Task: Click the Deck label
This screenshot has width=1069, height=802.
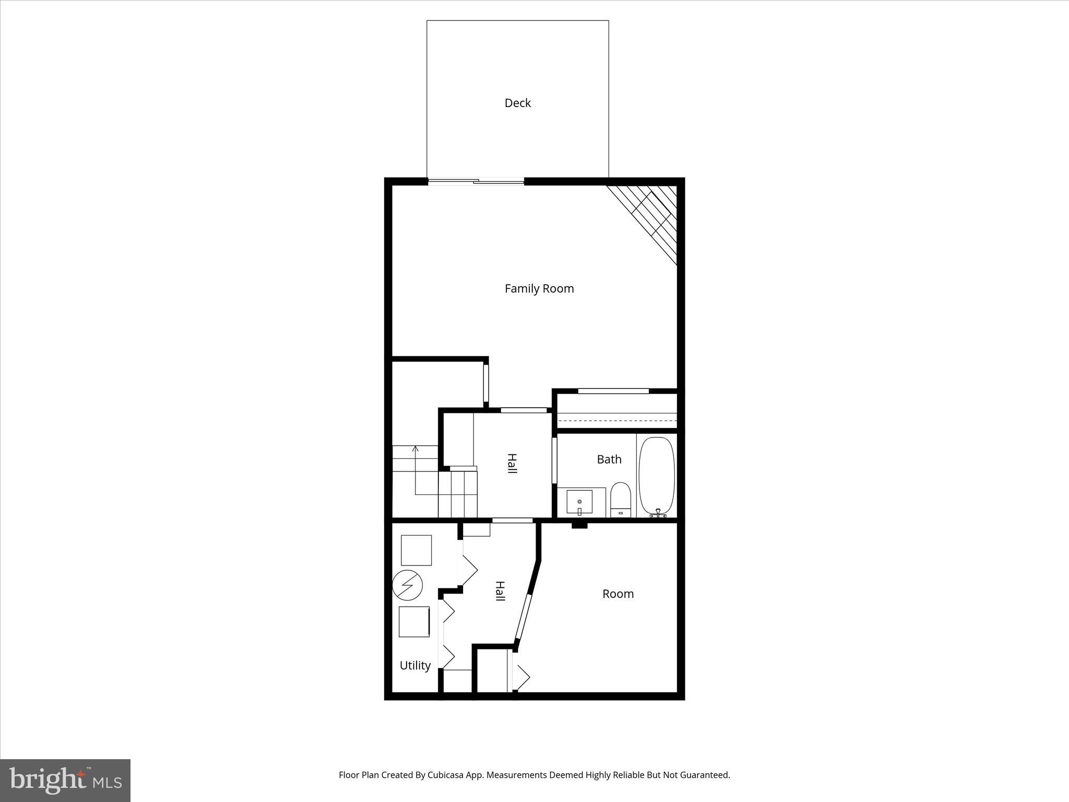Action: tap(517, 103)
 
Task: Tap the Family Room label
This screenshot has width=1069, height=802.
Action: tap(539, 288)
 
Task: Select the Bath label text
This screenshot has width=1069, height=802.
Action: tap(609, 459)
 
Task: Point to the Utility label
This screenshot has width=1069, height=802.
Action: tap(415, 665)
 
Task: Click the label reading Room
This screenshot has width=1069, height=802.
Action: tap(618, 594)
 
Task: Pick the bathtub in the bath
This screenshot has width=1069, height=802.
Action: tap(657, 475)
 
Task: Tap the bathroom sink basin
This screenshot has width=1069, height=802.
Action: tap(579, 502)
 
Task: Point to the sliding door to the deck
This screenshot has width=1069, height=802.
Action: tap(476, 182)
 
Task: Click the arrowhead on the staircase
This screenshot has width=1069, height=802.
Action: tap(415, 449)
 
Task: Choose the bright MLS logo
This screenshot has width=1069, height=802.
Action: tap(65, 780)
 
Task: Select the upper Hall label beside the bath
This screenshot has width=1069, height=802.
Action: tap(512, 464)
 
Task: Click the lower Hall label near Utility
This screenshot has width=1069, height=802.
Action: tap(500, 591)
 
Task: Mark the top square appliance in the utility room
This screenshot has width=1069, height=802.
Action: tap(416, 550)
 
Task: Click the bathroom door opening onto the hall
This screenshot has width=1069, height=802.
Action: tap(554, 460)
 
